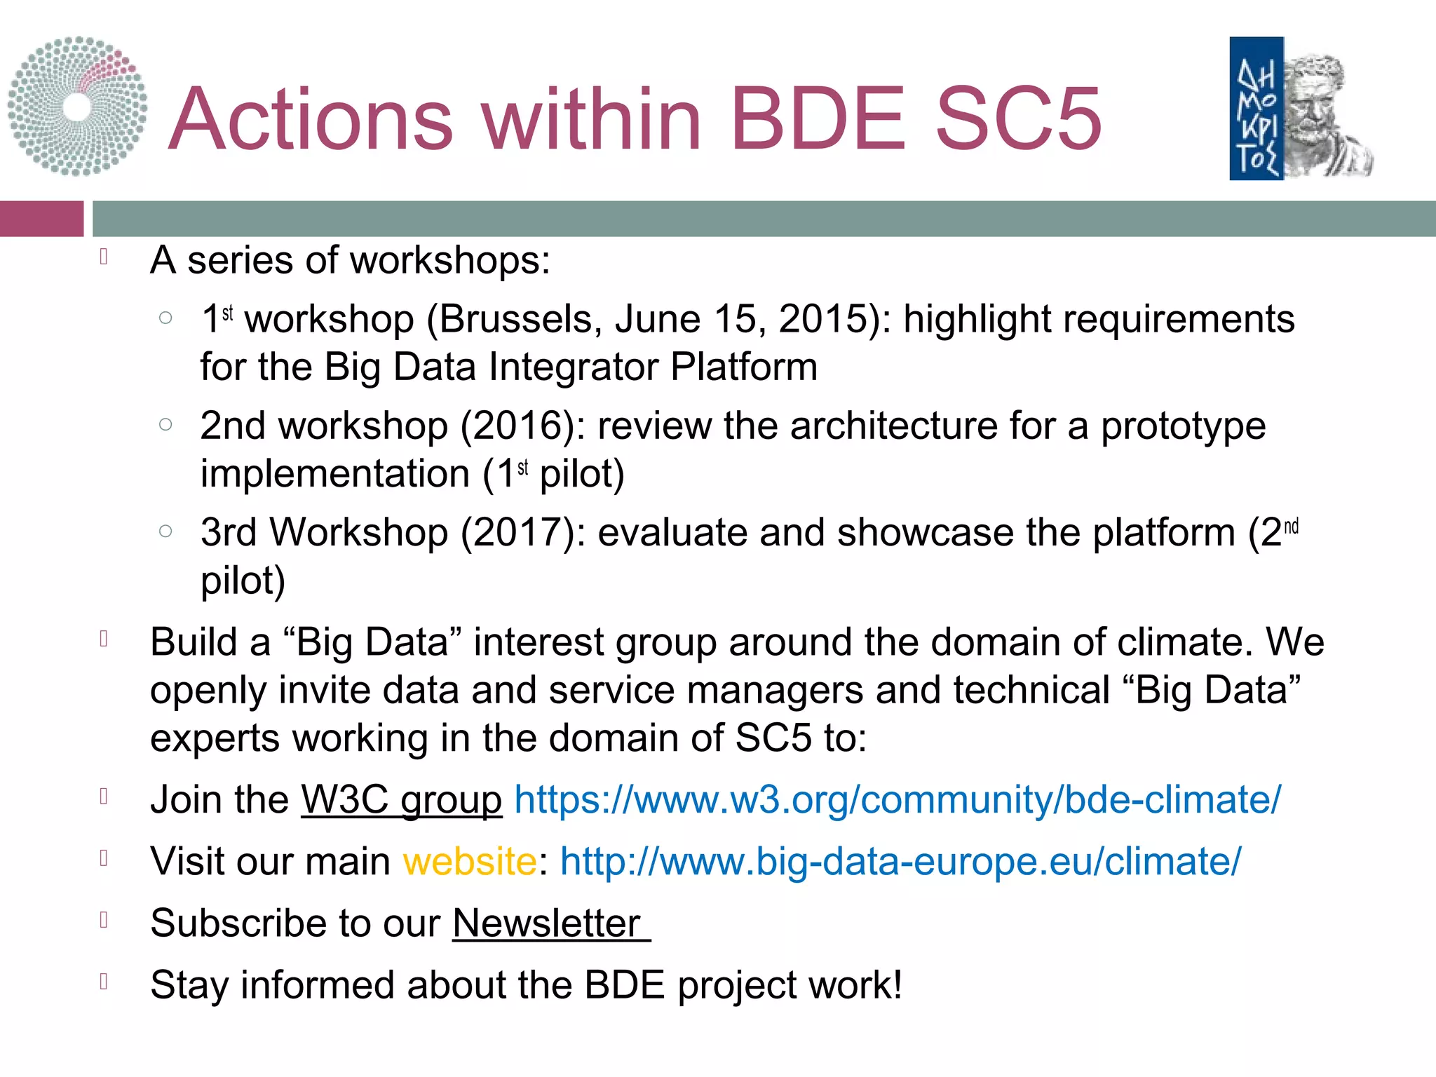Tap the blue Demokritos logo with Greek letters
(1256, 109)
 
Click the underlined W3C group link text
(401, 800)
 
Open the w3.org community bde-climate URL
(897, 800)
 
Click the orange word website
(470, 862)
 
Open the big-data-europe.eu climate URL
(900, 862)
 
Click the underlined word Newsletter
(548, 923)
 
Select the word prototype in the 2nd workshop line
(1183, 426)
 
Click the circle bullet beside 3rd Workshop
(165, 531)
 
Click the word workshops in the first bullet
(449, 261)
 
